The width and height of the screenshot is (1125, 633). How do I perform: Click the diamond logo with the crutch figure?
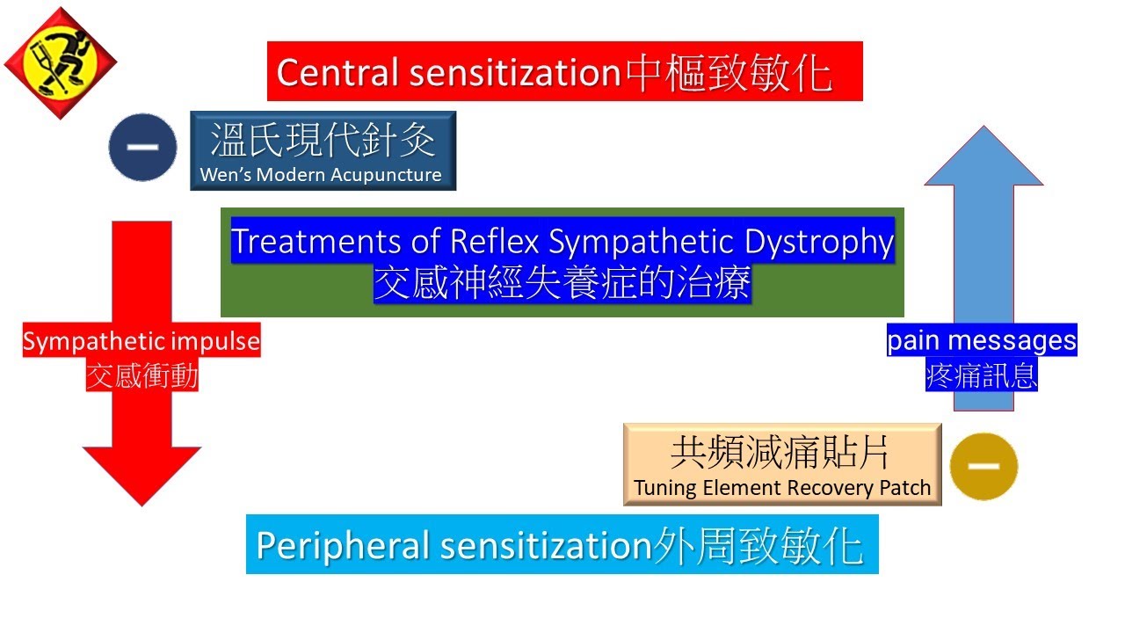(x=61, y=62)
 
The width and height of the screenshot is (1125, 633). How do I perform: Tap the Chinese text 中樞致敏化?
(x=729, y=72)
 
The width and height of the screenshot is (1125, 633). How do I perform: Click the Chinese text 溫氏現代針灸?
(x=323, y=140)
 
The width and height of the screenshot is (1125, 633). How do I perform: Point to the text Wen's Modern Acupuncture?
(x=321, y=175)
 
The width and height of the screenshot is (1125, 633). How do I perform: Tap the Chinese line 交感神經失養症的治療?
(x=562, y=283)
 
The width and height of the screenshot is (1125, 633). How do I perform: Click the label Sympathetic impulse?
(x=142, y=341)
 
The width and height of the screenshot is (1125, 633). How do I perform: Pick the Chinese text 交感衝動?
(x=142, y=376)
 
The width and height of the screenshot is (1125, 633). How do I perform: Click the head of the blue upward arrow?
(x=983, y=158)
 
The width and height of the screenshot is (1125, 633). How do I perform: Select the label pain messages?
(x=982, y=340)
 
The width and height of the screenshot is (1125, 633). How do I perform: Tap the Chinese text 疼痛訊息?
(x=982, y=375)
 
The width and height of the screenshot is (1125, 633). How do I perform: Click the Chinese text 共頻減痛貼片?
(x=780, y=453)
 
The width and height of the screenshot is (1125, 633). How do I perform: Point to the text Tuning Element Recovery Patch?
(x=782, y=488)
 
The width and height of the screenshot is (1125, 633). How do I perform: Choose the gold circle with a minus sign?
(x=983, y=467)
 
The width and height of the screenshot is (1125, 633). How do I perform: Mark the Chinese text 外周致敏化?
(x=758, y=546)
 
